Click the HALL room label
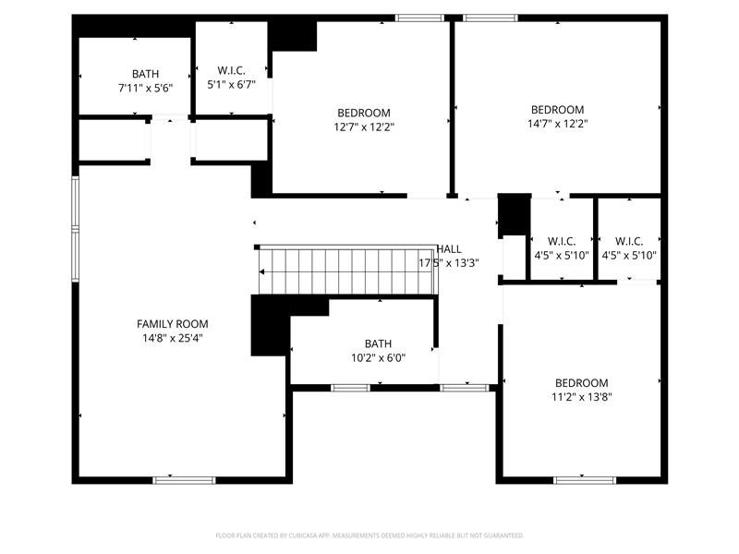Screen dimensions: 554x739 [449, 249]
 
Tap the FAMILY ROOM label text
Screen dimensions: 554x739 [172, 324]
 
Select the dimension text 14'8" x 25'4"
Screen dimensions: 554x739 [172, 338]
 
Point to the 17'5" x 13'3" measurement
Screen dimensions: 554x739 [449, 263]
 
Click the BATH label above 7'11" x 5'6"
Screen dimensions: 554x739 [145, 74]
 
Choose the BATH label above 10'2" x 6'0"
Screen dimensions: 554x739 [378, 343]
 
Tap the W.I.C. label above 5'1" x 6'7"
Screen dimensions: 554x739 [231, 70]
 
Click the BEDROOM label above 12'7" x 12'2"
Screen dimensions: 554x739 [363, 113]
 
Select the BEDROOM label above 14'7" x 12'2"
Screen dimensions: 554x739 [557, 109]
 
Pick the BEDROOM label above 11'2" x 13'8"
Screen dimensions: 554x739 [581, 383]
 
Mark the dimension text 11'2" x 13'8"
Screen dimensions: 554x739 [581, 397]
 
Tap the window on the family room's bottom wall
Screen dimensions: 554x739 [184, 480]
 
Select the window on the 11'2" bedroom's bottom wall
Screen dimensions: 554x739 [584, 480]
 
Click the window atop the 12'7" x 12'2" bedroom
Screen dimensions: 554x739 [419, 18]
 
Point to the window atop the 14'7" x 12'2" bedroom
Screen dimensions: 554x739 [491, 18]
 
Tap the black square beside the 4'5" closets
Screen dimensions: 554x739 [513, 214]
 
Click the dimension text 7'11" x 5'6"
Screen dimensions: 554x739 [145, 88]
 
